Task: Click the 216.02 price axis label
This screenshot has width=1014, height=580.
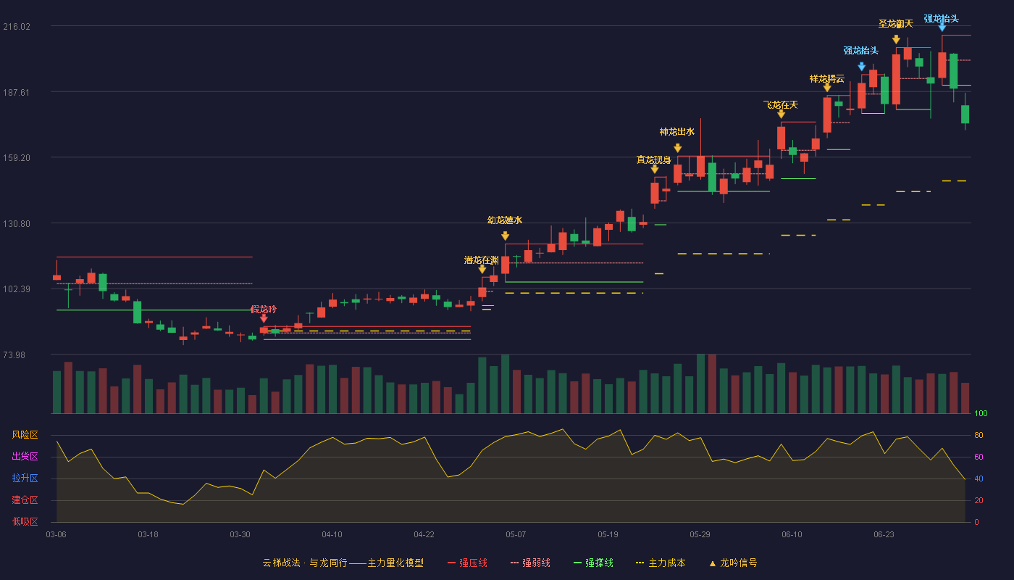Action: coord(17,27)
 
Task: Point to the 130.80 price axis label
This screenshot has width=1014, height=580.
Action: coord(17,224)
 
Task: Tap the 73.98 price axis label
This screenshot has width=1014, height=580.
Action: coord(14,355)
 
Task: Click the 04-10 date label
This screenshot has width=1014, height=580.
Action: coord(332,535)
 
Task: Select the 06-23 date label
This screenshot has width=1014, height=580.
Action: coord(884,535)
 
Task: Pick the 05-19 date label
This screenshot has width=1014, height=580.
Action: coord(608,535)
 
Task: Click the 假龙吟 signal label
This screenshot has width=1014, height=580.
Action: coord(264,310)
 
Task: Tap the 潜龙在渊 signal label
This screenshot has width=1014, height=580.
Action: coord(481,260)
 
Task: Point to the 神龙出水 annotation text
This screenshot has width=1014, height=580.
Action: coord(676,132)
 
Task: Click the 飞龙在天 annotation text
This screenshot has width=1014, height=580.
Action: coord(781,105)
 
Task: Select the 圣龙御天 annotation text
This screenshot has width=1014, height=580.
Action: coord(895,23)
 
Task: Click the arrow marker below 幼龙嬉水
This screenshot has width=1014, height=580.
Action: coord(506,236)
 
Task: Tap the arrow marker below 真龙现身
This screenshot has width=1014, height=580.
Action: coord(655,170)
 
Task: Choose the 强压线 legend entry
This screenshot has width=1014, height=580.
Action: coord(467,563)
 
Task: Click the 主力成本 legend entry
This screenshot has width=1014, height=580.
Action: coord(661,563)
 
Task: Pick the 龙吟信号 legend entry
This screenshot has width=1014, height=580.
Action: coord(733,563)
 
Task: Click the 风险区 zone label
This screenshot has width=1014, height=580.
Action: coord(25,435)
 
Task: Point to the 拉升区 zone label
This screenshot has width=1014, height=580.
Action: coord(25,478)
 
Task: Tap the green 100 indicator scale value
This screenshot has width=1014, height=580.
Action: coord(981,413)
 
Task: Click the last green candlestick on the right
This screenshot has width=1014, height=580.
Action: coord(965,114)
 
